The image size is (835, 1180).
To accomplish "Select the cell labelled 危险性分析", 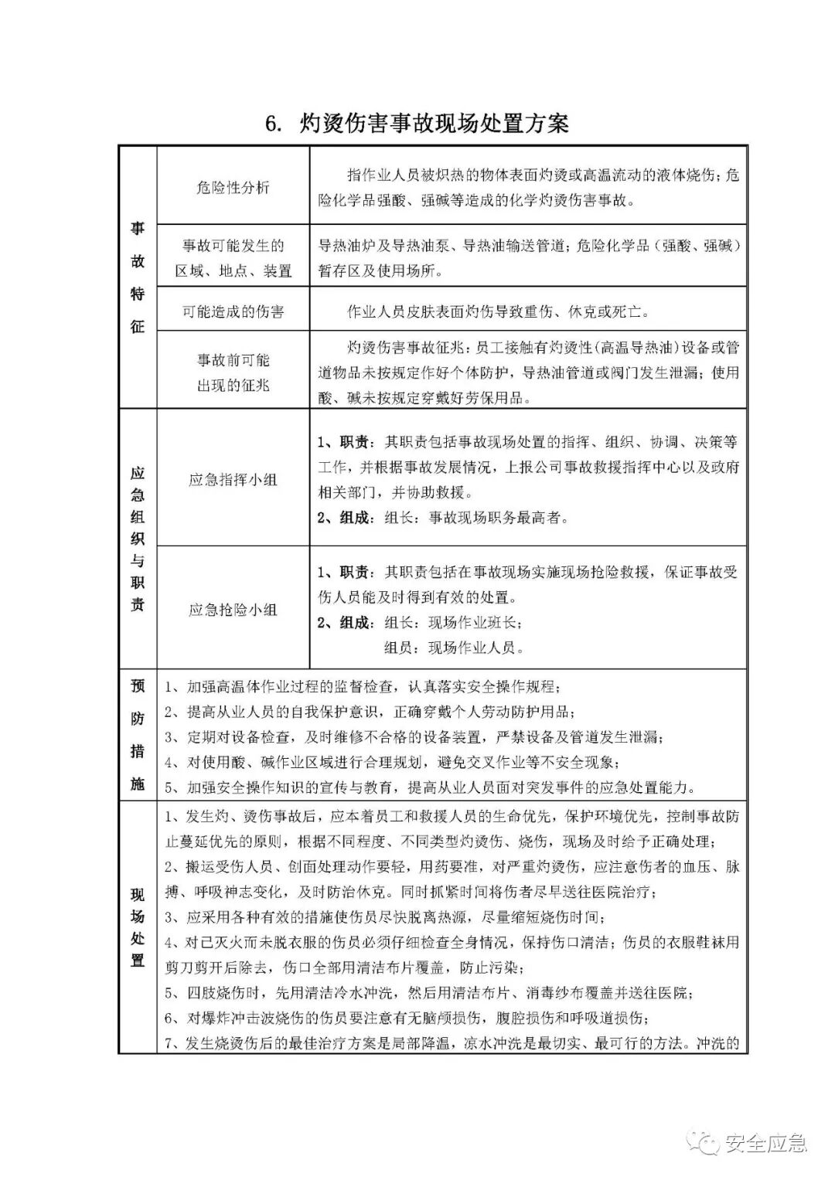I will [x=233, y=187].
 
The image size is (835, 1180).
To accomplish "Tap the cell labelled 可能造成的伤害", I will [x=233, y=311].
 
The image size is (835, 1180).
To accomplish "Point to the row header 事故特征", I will [x=138, y=277].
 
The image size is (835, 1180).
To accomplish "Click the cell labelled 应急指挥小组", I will [x=233, y=480].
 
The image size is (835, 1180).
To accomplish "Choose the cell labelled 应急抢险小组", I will [x=233, y=610].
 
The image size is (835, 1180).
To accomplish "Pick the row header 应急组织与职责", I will [x=138, y=539].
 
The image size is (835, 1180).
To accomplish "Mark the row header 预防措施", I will [x=138, y=734].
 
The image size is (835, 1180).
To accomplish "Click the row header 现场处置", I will [x=138, y=927].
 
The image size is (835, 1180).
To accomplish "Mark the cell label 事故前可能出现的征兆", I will [x=233, y=372].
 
